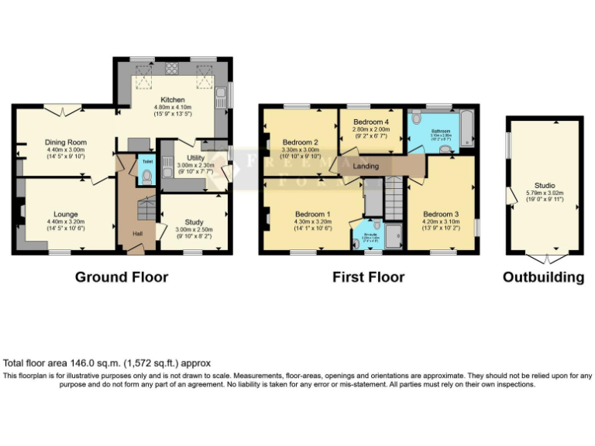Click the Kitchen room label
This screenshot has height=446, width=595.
click(x=172, y=100)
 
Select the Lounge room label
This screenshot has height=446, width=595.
click(x=65, y=214)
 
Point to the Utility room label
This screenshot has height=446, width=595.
click(x=188, y=157)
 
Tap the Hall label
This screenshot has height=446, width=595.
click(x=137, y=233)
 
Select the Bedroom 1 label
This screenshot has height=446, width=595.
click(x=313, y=214)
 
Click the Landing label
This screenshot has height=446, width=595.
click(x=366, y=166)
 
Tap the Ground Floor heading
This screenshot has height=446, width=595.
click(x=122, y=276)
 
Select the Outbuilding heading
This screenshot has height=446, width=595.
click(x=543, y=276)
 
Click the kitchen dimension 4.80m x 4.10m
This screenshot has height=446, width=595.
click(x=172, y=109)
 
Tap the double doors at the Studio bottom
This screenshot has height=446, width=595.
click(x=546, y=256)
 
